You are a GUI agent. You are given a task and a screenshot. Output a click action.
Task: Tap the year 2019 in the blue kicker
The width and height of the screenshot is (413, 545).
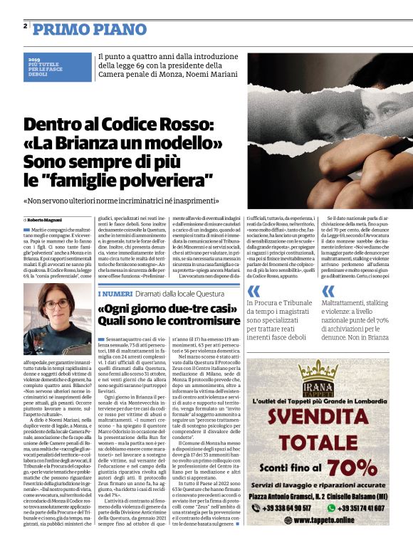(x=35, y=59)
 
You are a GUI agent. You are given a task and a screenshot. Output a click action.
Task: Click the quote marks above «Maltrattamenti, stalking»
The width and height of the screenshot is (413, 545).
(x=328, y=292)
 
